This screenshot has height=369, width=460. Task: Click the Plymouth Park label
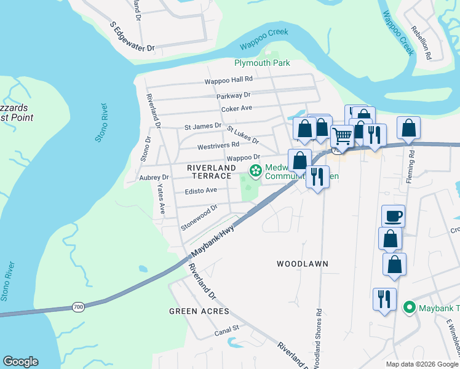tap(262, 63)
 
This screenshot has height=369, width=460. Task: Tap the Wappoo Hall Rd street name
tap(229, 80)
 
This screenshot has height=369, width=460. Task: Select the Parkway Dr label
tap(234, 95)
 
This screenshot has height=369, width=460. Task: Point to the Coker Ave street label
tap(237, 108)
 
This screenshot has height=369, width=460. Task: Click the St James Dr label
tap(202, 127)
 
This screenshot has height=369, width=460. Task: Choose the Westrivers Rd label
tap(218, 146)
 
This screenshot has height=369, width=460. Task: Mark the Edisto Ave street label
tap(201, 191)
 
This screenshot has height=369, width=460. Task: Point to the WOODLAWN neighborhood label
tap(302, 264)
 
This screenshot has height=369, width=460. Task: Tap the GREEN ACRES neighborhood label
tap(199, 312)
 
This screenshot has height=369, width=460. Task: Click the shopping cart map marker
tap(342, 135)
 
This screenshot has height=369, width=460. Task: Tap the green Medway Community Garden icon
tap(254, 170)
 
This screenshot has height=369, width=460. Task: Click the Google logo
tap(21, 362)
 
